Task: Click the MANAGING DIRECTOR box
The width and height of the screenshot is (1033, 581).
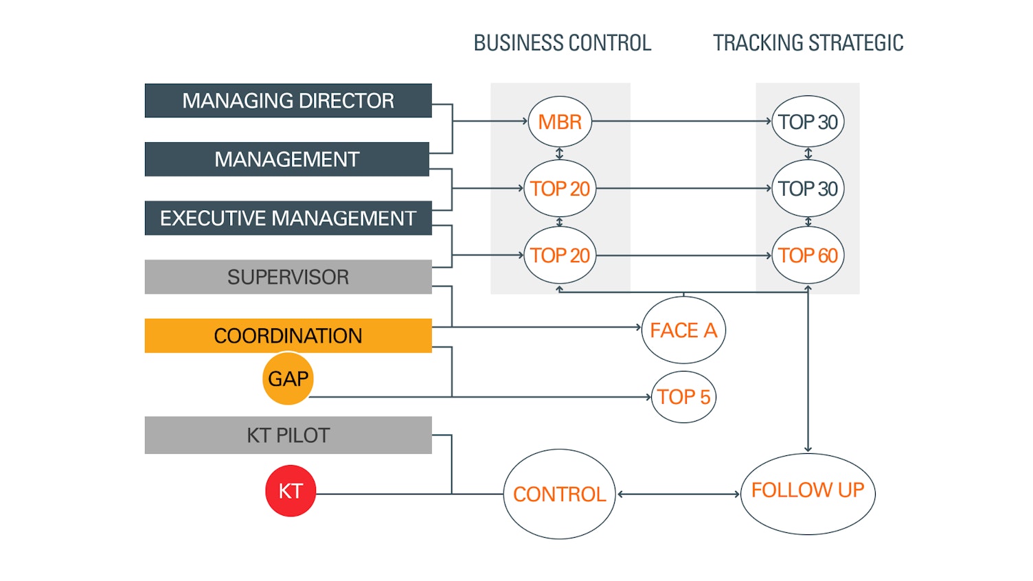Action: coord(288,101)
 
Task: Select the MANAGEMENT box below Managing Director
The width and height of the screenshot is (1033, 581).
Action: coord(286,159)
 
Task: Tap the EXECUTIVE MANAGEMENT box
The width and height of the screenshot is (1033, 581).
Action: coord(288,218)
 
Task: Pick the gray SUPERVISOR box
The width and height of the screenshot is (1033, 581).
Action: coord(288,277)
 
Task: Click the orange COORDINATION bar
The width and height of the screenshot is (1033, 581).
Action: coord(288,336)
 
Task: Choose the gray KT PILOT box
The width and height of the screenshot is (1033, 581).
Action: coord(288,435)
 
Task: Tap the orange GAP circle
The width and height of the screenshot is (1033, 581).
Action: coord(288,378)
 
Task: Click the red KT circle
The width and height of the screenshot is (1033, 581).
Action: coord(291,491)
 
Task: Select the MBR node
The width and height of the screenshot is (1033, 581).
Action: coord(560,122)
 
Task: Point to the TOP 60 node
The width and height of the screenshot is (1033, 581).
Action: coord(808,255)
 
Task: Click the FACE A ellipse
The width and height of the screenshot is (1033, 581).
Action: coord(683,330)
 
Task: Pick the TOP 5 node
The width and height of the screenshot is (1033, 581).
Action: coord(683,397)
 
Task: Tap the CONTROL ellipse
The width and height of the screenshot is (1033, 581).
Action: coord(559,494)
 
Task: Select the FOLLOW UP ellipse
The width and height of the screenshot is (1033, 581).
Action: coord(808,490)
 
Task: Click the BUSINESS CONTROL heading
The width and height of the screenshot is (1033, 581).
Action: coord(562,43)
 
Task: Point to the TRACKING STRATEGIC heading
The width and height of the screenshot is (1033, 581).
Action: coord(808,43)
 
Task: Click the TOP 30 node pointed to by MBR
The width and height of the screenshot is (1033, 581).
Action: coord(808,122)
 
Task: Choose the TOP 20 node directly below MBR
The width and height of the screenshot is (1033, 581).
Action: coord(560,188)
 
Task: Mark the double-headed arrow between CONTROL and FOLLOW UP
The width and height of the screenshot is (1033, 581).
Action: coord(679,494)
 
